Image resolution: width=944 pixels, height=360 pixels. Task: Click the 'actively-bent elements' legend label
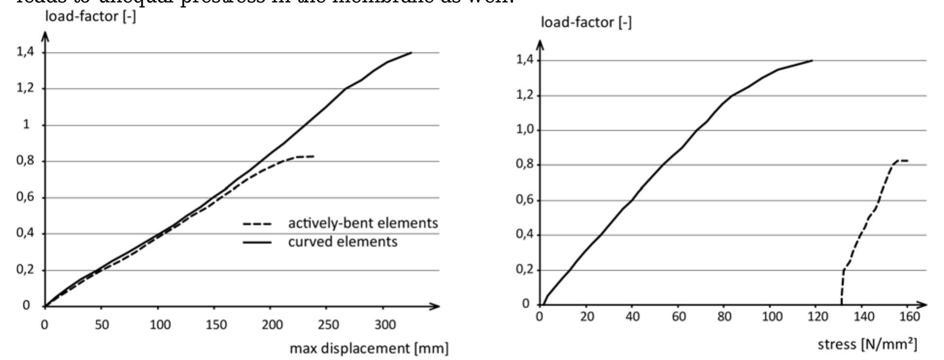[x=363, y=223]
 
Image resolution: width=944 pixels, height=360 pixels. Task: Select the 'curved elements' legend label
[x=342, y=242]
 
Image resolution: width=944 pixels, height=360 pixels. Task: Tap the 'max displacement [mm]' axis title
[x=369, y=348]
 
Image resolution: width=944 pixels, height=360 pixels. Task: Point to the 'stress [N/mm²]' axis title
[x=867, y=344]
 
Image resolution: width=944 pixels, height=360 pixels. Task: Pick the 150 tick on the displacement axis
[x=216, y=324]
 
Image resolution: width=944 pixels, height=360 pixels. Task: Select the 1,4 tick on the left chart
[x=26, y=52]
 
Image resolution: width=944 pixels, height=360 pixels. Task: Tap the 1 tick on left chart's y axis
[x=27, y=125]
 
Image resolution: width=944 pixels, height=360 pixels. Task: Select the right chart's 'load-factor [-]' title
[x=586, y=22]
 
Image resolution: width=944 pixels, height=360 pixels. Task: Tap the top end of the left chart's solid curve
[x=412, y=52]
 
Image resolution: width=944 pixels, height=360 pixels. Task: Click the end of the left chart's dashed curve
[x=314, y=156]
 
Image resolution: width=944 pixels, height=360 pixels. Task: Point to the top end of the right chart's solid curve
[x=812, y=61]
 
